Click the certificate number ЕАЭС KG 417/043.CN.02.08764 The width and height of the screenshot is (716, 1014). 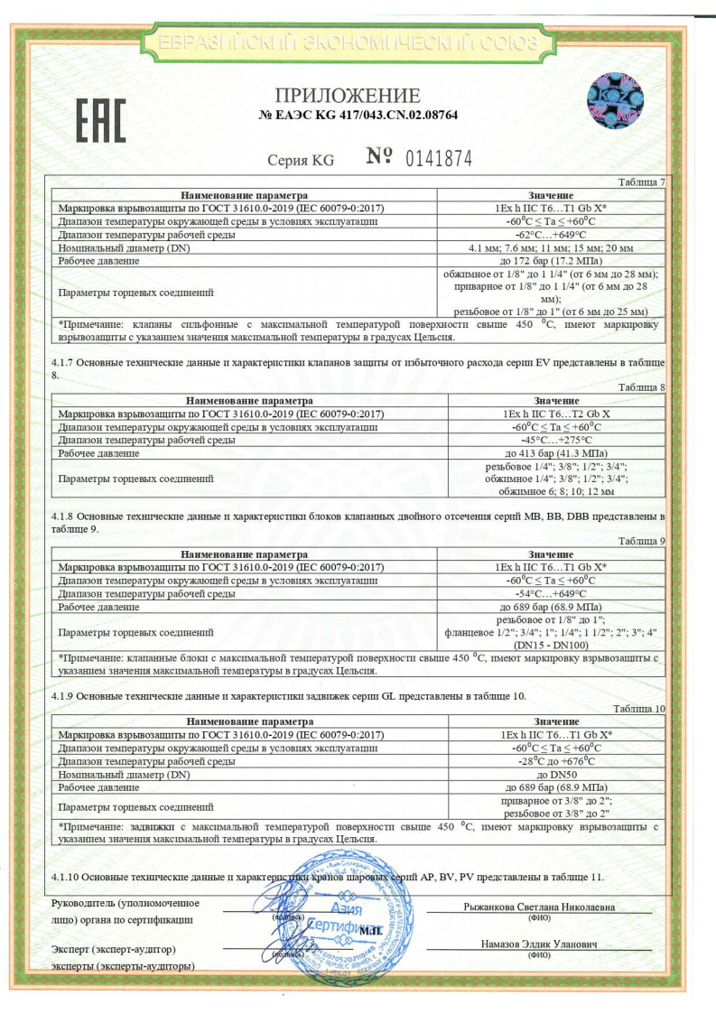pos(358,116)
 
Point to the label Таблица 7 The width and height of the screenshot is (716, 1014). pos(642,182)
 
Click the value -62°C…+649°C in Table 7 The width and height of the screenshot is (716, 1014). pos(551,234)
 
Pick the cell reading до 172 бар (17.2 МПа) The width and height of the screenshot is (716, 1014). pos(551,260)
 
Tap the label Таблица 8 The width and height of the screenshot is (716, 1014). pos(642,387)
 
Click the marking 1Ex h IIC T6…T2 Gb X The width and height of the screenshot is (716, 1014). pos(551,413)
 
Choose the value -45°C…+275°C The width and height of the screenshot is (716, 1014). pos(551,439)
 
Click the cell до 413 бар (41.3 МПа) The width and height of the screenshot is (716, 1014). pos(551,452)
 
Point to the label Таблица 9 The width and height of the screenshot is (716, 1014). pos(642,541)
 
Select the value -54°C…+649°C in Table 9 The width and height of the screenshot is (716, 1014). pos(551,593)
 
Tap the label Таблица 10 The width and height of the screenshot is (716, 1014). pos(642,710)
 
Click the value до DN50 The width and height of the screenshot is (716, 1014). pos(551,775)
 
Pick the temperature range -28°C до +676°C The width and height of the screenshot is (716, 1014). pos(551,761)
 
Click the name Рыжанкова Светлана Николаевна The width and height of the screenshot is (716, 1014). pos(538,906)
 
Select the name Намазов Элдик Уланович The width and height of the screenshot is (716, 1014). pos(538,944)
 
